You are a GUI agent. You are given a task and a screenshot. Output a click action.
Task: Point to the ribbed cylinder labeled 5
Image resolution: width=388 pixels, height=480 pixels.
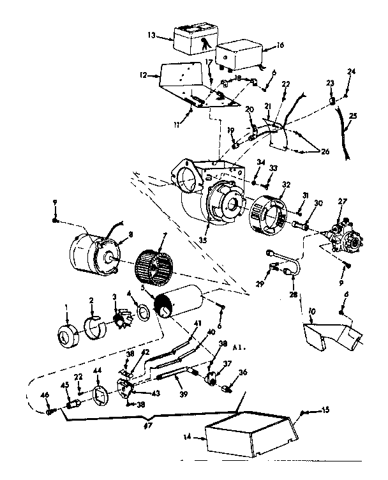click(x=182, y=300)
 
